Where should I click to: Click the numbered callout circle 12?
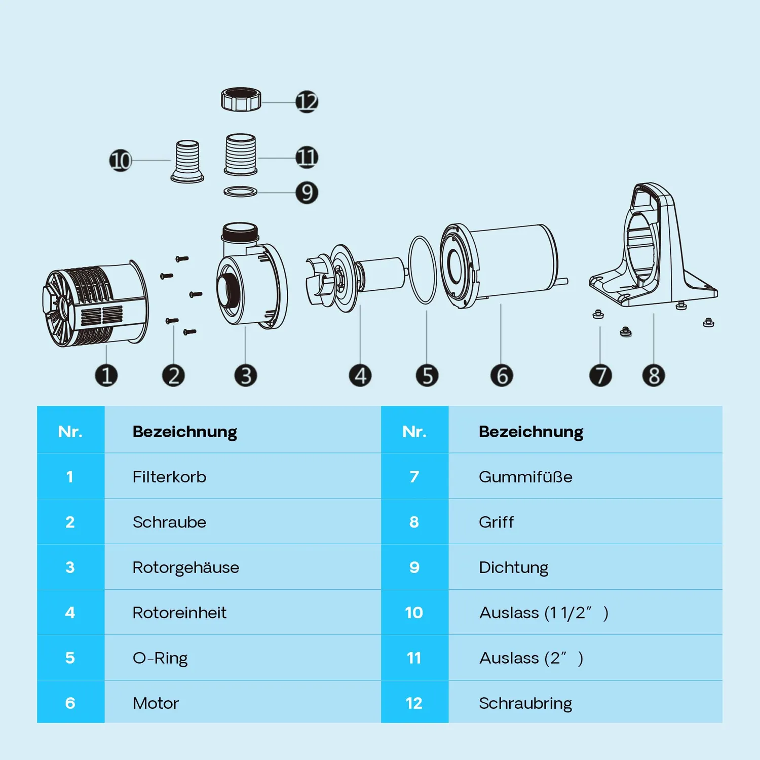pyautogui.click(x=307, y=101)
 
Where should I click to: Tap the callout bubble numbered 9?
pyautogui.click(x=307, y=193)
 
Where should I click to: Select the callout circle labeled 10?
pyautogui.click(x=121, y=161)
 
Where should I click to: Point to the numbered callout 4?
pyautogui.click(x=360, y=375)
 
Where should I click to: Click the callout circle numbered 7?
pyautogui.click(x=600, y=375)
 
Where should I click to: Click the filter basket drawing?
pyautogui.click(x=95, y=304)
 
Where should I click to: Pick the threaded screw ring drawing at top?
pyautogui.click(x=241, y=99)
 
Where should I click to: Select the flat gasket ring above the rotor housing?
pyautogui.click(x=240, y=192)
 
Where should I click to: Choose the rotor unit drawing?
pyautogui.click(x=357, y=277)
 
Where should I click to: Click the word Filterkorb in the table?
pyautogui.click(x=169, y=477)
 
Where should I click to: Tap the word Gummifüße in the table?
pyautogui.click(x=525, y=477)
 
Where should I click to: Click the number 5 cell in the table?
pyautogui.click(x=70, y=658)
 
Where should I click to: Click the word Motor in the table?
pyautogui.click(x=156, y=703)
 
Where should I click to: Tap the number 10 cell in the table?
pyautogui.click(x=414, y=613)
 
